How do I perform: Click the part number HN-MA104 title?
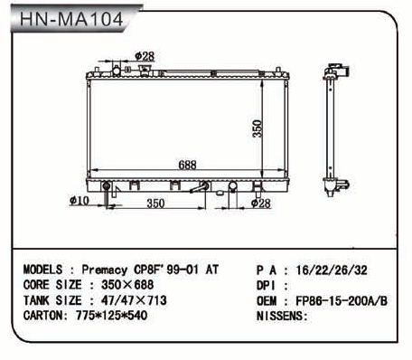click(x=71, y=19)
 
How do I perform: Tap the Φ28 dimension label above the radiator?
click(x=145, y=56)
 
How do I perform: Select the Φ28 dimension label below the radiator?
click(x=260, y=204)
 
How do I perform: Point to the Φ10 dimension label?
click(x=80, y=201)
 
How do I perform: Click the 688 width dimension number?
click(x=187, y=165)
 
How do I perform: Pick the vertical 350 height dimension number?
click(x=257, y=128)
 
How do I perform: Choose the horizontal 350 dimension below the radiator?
click(x=155, y=204)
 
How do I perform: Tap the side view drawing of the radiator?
click(x=336, y=130)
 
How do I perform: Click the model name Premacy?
click(x=105, y=270)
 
